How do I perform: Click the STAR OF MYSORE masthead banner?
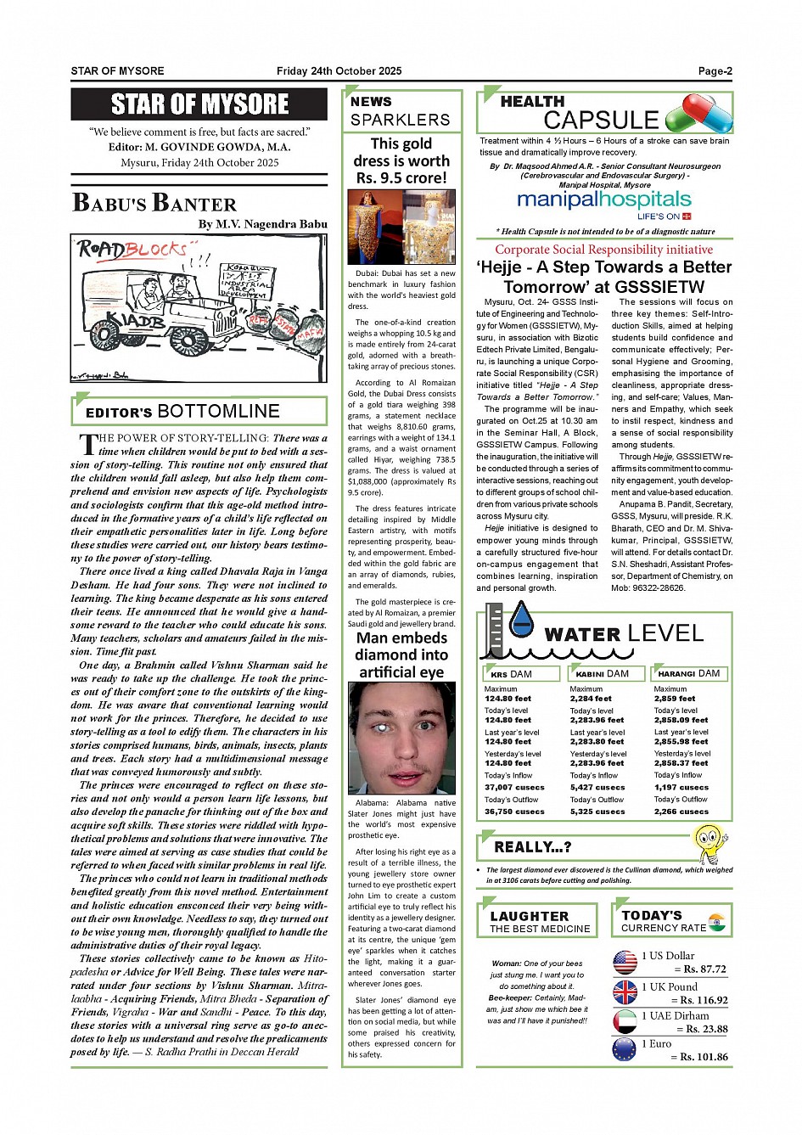(199, 104)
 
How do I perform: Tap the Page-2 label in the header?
(715, 71)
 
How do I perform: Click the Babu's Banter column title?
(154, 204)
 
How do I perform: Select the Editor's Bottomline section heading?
(182, 412)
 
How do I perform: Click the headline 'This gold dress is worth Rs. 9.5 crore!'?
(401, 160)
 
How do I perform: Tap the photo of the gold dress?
(401, 227)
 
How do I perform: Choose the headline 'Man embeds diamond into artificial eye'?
(401, 655)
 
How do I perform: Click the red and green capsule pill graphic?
(699, 114)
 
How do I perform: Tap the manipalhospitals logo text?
(604, 199)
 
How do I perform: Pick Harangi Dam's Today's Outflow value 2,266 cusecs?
(681, 812)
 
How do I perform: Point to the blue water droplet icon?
(521, 620)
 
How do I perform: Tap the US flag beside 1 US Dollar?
(625, 962)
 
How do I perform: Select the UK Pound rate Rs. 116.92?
(704, 1000)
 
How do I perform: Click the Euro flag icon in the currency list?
(625, 1050)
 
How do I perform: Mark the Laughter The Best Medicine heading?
(540, 921)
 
